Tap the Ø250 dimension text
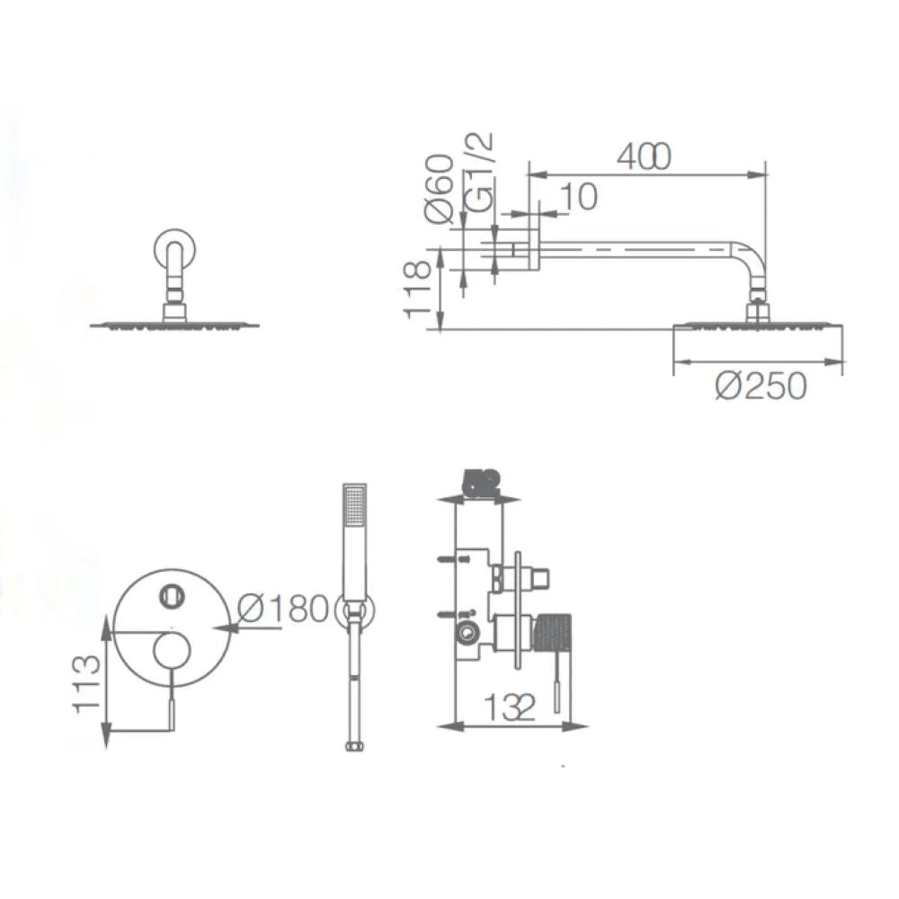coord(761,387)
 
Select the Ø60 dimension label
coord(438,188)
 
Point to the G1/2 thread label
coord(483,172)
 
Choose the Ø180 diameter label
coord(283,610)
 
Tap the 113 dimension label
coord(86,683)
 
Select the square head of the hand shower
coord(356,505)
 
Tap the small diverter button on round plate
coord(169,593)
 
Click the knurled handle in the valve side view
coord(554,632)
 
